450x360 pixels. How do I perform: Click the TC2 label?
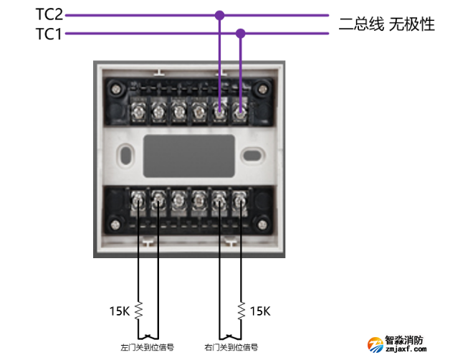pyautogui.click(x=49, y=14)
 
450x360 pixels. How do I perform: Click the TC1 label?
pyautogui.click(x=49, y=33)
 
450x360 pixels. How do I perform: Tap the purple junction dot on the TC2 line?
pyautogui.click(x=219, y=14)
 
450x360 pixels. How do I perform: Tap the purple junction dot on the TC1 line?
pyautogui.click(x=241, y=33)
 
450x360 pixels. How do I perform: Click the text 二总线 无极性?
pyautogui.click(x=387, y=24)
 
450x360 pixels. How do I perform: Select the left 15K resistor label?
pyautogui.click(x=119, y=311)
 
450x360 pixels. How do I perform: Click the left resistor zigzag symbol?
pyautogui.click(x=139, y=311)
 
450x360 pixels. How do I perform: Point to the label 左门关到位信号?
pyautogui.click(x=147, y=348)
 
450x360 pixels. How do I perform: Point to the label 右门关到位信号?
pyautogui.click(x=231, y=348)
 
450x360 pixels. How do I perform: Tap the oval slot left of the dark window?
pyautogui.click(x=127, y=154)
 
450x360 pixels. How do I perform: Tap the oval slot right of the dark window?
pyautogui.click(x=250, y=154)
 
